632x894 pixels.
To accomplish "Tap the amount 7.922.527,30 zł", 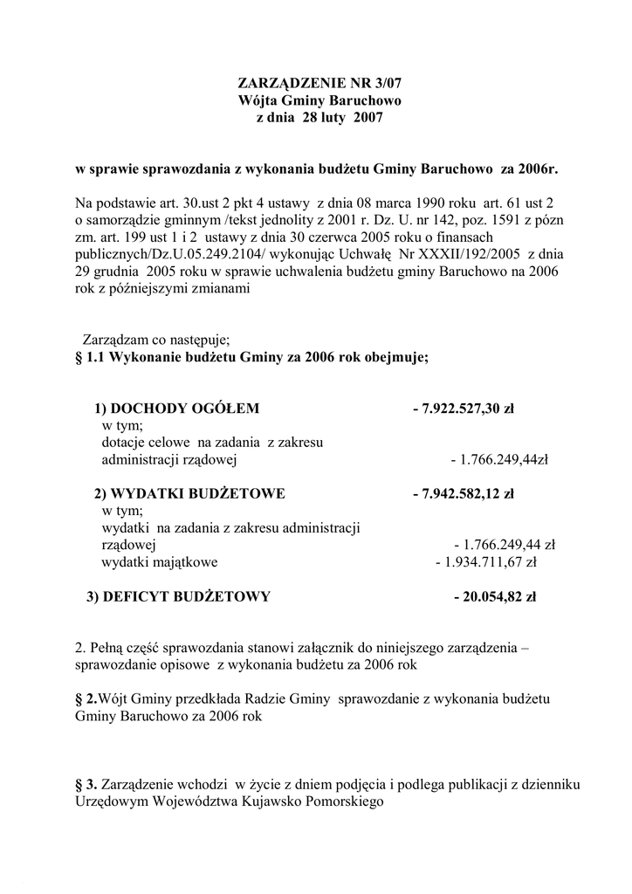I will tap(466, 409).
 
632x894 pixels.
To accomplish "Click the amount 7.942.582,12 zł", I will tap(466, 493).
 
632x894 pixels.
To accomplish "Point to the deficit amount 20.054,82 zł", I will tap(498, 597).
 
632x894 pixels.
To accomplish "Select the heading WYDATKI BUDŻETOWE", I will tap(189, 493).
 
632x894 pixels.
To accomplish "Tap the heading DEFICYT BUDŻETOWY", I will tap(178, 597).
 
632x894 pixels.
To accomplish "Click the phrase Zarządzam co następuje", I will tap(155, 339).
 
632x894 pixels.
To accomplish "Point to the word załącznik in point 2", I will tap(304, 648).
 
